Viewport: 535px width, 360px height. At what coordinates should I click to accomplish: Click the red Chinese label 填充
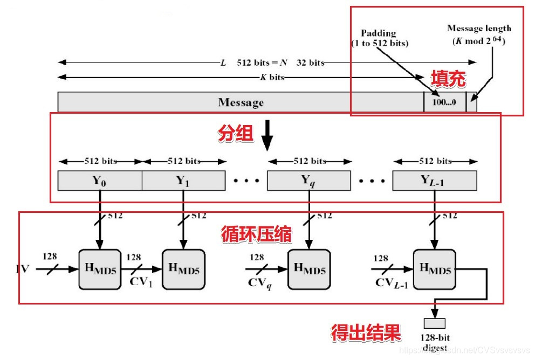pos(447,79)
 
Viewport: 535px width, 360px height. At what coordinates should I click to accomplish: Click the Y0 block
pos(100,181)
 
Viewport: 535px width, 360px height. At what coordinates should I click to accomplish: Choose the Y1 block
pos(183,181)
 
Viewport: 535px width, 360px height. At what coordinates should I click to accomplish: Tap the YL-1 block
pos(435,181)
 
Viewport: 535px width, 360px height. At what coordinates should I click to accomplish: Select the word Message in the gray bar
pos(241,102)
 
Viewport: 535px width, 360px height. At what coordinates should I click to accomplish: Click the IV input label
pos(23,268)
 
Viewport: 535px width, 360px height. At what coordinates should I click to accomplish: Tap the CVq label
pos(259,282)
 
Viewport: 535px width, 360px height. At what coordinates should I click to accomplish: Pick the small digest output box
pos(434,323)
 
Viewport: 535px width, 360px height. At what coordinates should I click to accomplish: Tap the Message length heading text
pos(479,29)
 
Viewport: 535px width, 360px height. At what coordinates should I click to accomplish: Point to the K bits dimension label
pos(272,77)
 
